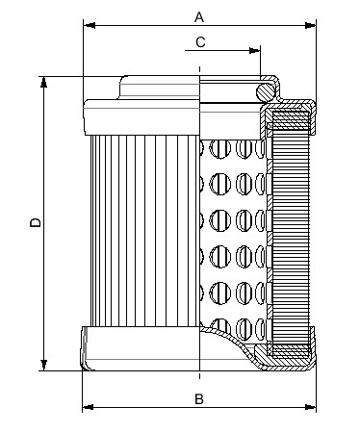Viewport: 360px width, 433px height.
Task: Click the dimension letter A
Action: (x=199, y=16)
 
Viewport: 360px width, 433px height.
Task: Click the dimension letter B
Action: (x=199, y=397)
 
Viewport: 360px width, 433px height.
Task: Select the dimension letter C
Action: (x=199, y=41)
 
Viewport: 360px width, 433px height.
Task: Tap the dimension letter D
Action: (x=35, y=223)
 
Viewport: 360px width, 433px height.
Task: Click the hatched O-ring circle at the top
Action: (x=266, y=89)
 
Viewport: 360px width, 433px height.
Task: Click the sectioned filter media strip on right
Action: (x=292, y=231)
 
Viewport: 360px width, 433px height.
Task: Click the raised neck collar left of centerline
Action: (x=159, y=89)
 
